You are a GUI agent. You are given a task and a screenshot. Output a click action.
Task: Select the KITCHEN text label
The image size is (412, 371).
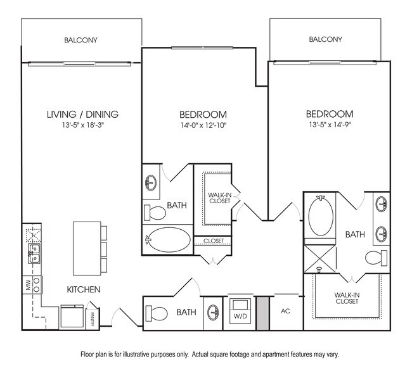point(84,289)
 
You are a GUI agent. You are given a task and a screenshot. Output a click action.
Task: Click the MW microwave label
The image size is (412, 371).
point(28,285)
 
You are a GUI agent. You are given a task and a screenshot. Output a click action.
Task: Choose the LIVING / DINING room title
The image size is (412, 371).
point(82,115)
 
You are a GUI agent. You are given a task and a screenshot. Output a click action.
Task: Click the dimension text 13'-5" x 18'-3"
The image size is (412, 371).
point(82,125)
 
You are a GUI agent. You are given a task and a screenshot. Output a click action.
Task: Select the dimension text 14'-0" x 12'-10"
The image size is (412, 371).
point(203,125)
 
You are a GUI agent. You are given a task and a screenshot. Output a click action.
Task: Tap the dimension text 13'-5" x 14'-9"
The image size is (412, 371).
point(329,125)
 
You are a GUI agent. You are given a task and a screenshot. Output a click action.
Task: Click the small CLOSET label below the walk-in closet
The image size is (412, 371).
point(213,241)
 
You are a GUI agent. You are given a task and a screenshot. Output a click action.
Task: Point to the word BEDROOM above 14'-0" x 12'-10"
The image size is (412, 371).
point(203,115)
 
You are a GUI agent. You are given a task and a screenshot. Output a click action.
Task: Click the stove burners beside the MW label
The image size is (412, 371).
point(37,285)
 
